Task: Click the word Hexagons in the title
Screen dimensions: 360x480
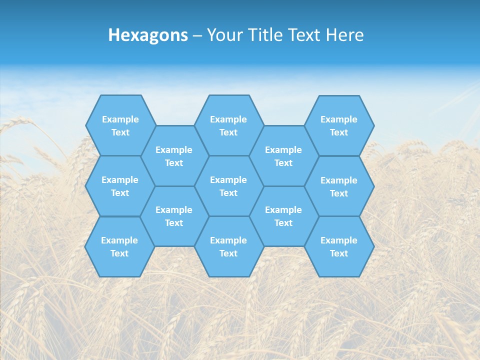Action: (x=148, y=35)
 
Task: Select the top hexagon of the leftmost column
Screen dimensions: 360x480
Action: (x=120, y=125)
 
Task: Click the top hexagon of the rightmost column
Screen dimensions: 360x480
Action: (x=339, y=125)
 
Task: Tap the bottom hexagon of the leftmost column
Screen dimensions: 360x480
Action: (x=119, y=246)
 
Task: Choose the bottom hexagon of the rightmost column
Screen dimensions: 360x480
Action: (x=339, y=246)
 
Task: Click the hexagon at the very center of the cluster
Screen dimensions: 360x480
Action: (x=228, y=186)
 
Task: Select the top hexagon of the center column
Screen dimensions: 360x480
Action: (x=228, y=125)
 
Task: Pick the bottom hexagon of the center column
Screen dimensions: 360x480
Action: (x=228, y=246)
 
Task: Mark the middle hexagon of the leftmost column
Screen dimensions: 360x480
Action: (x=120, y=186)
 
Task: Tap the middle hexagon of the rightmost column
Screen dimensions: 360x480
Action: (x=339, y=186)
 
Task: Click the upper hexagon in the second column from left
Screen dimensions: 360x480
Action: (x=174, y=156)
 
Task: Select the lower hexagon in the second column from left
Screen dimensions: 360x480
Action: (x=174, y=216)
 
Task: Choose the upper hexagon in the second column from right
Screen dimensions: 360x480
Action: (x=283, y=156)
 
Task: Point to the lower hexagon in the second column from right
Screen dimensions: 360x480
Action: (x=283, y=216)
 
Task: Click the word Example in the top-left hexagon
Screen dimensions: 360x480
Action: (x=120, y=119)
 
